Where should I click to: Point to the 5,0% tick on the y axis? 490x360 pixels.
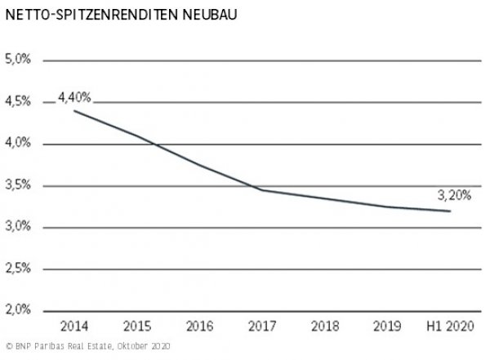pos(18,60)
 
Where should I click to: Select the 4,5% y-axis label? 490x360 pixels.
pos(18,102)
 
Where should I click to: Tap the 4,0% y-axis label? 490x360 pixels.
pos(18,144)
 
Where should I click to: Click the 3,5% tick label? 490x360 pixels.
pos(18,185)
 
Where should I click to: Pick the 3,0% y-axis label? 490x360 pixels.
pos(18,227)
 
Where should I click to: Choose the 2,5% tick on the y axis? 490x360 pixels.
pos(18,269)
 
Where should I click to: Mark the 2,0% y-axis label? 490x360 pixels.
pos(18,310)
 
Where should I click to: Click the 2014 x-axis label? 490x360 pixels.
pos(73,327)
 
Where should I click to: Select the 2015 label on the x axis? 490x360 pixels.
pos(136,327)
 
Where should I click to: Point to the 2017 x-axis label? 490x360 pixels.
pos(261,327)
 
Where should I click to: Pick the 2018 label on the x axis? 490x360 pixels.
pos(324,327)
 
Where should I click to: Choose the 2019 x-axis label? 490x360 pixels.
pos(386,327)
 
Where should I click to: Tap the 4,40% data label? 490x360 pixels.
pos(74,97)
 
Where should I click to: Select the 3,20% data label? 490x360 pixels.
pos(450,196)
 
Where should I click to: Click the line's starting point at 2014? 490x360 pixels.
pos(74,110)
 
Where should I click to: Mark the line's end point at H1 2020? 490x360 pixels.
pos(450,211)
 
